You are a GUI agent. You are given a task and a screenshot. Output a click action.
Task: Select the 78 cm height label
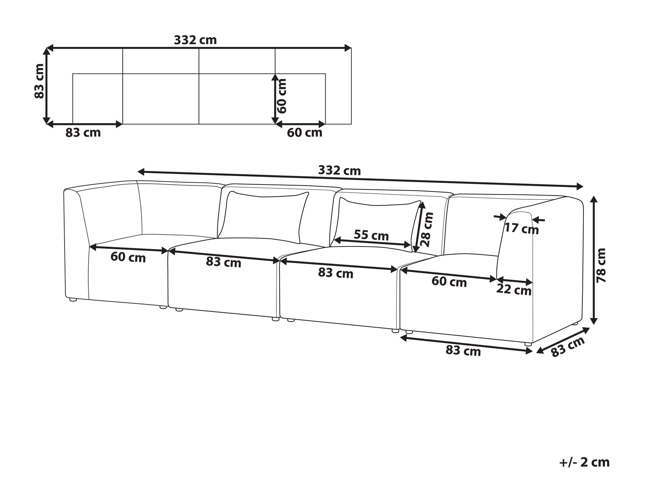click(601, 265)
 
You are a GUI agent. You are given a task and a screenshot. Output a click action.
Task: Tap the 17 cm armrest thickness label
click(522, 228)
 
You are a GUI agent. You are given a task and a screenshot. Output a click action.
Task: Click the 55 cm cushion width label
click(371, 235)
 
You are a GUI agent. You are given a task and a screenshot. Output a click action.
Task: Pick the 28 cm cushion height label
click(428, 229)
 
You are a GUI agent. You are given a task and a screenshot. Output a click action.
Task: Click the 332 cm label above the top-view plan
click(195, 40)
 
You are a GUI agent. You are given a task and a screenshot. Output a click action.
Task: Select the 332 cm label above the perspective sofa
click(339, 170)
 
